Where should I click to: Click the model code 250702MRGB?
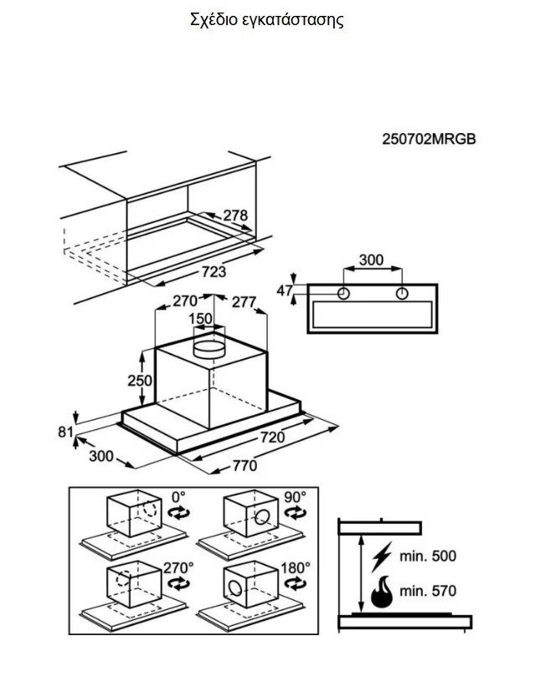point(429,139)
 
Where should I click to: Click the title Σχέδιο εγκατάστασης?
point(266,20)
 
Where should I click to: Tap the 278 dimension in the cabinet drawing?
point(235,215)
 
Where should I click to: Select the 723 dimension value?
point(214,272)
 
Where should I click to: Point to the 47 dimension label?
point(285,290)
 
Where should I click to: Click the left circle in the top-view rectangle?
point(343,293)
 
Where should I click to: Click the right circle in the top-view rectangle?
point(402,293)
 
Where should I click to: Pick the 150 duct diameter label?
point(201,319)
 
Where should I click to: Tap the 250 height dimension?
point(140,380)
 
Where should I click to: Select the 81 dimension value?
point(66,432)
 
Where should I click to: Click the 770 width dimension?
point(244,465)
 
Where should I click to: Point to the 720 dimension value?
point(272,438)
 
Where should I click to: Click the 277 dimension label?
point(244,302)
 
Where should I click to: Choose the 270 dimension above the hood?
point(185,301)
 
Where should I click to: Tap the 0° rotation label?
point(178,497)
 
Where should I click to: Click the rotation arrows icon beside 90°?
point(295,512)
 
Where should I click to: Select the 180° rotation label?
point(296,568)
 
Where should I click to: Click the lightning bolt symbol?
point(382,556)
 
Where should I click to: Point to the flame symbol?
point(382,592)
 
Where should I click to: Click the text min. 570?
point(428,591)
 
